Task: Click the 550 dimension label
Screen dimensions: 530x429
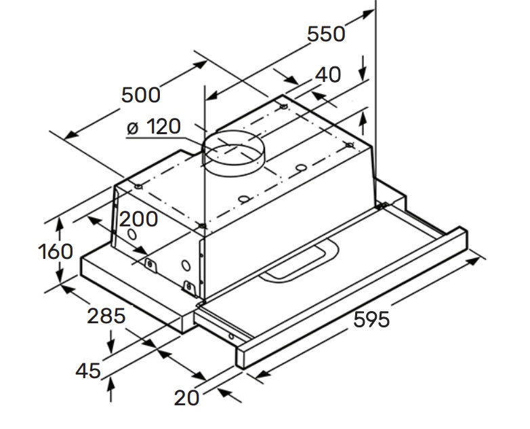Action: [326, 34]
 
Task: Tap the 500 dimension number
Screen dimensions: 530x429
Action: [140, 95]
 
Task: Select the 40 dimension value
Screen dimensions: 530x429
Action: [328, 75]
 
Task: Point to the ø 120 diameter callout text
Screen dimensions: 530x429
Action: [154, 127]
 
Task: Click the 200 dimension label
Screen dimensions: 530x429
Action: [138, 219]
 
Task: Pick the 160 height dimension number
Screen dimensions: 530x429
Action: [56, 251]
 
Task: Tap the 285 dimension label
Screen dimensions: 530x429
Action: [106, 316]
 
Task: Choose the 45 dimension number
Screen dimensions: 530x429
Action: [88, 371]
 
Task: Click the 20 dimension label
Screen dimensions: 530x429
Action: [186, 398]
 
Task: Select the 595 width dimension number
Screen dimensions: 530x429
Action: [371, 319]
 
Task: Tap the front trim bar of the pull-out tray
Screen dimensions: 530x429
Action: [352, 298]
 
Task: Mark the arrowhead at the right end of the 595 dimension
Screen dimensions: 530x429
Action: [473, 261]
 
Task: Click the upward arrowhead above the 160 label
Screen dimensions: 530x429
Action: [60, 225]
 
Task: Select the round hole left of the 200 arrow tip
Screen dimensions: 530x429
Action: [132, 234]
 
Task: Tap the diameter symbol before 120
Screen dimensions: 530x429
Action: [133, 128]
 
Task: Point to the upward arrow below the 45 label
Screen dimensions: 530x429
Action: [110, 389]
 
